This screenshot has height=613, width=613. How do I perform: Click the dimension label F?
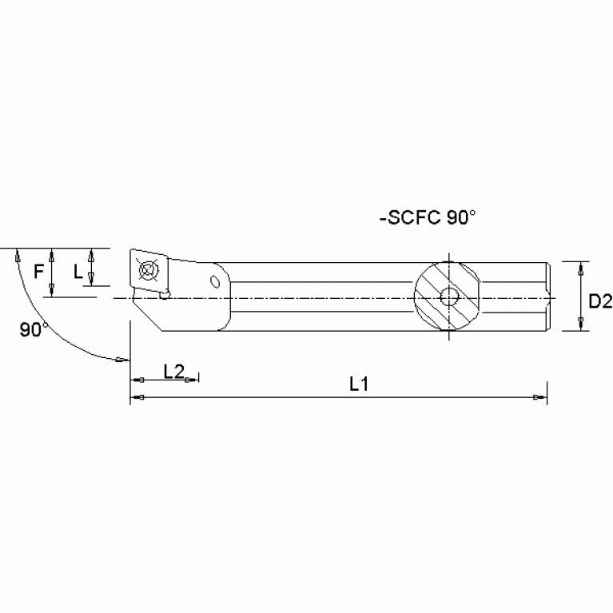pos(38,272)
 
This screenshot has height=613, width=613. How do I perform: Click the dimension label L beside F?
pos(78,272)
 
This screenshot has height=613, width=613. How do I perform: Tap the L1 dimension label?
pos(359,384)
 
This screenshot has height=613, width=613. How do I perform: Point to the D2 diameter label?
pos(599,301)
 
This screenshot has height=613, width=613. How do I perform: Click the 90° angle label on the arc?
pos(31,329)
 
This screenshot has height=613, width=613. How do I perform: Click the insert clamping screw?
pos(149,270)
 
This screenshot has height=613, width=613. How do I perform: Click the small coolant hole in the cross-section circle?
pos(449,298)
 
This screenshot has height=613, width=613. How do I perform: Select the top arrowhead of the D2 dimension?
pos(579,269)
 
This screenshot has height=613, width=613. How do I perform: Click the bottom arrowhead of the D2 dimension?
pos(579,323)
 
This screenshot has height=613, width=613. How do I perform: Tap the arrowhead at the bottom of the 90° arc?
pos(119,360)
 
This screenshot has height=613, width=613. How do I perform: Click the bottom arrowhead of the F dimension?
pos(52,288)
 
